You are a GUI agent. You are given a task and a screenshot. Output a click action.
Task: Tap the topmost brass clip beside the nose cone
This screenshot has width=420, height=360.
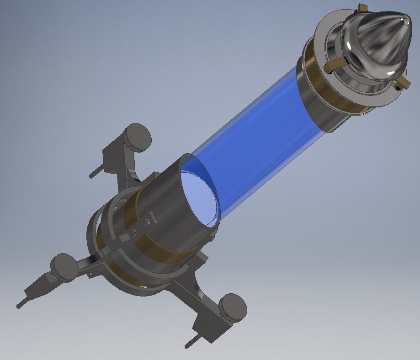point(362,7)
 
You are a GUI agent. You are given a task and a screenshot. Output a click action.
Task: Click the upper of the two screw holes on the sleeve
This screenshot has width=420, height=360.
point(147,222)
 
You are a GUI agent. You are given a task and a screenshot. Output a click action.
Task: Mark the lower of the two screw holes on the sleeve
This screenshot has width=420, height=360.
point(134,232)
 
